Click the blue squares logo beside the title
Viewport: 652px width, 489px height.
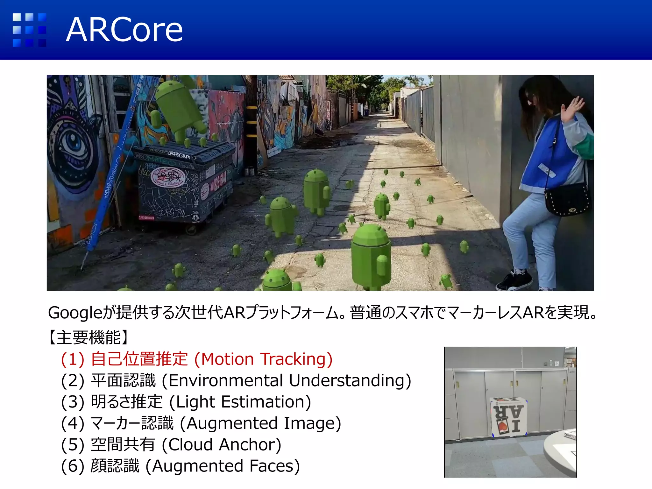coord(29,30)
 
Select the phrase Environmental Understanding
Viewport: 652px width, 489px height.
coord(287,380)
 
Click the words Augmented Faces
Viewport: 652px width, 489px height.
coord(223,466)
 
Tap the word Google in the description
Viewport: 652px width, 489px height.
coord(75,313)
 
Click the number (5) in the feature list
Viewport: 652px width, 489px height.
coord(73,444)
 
